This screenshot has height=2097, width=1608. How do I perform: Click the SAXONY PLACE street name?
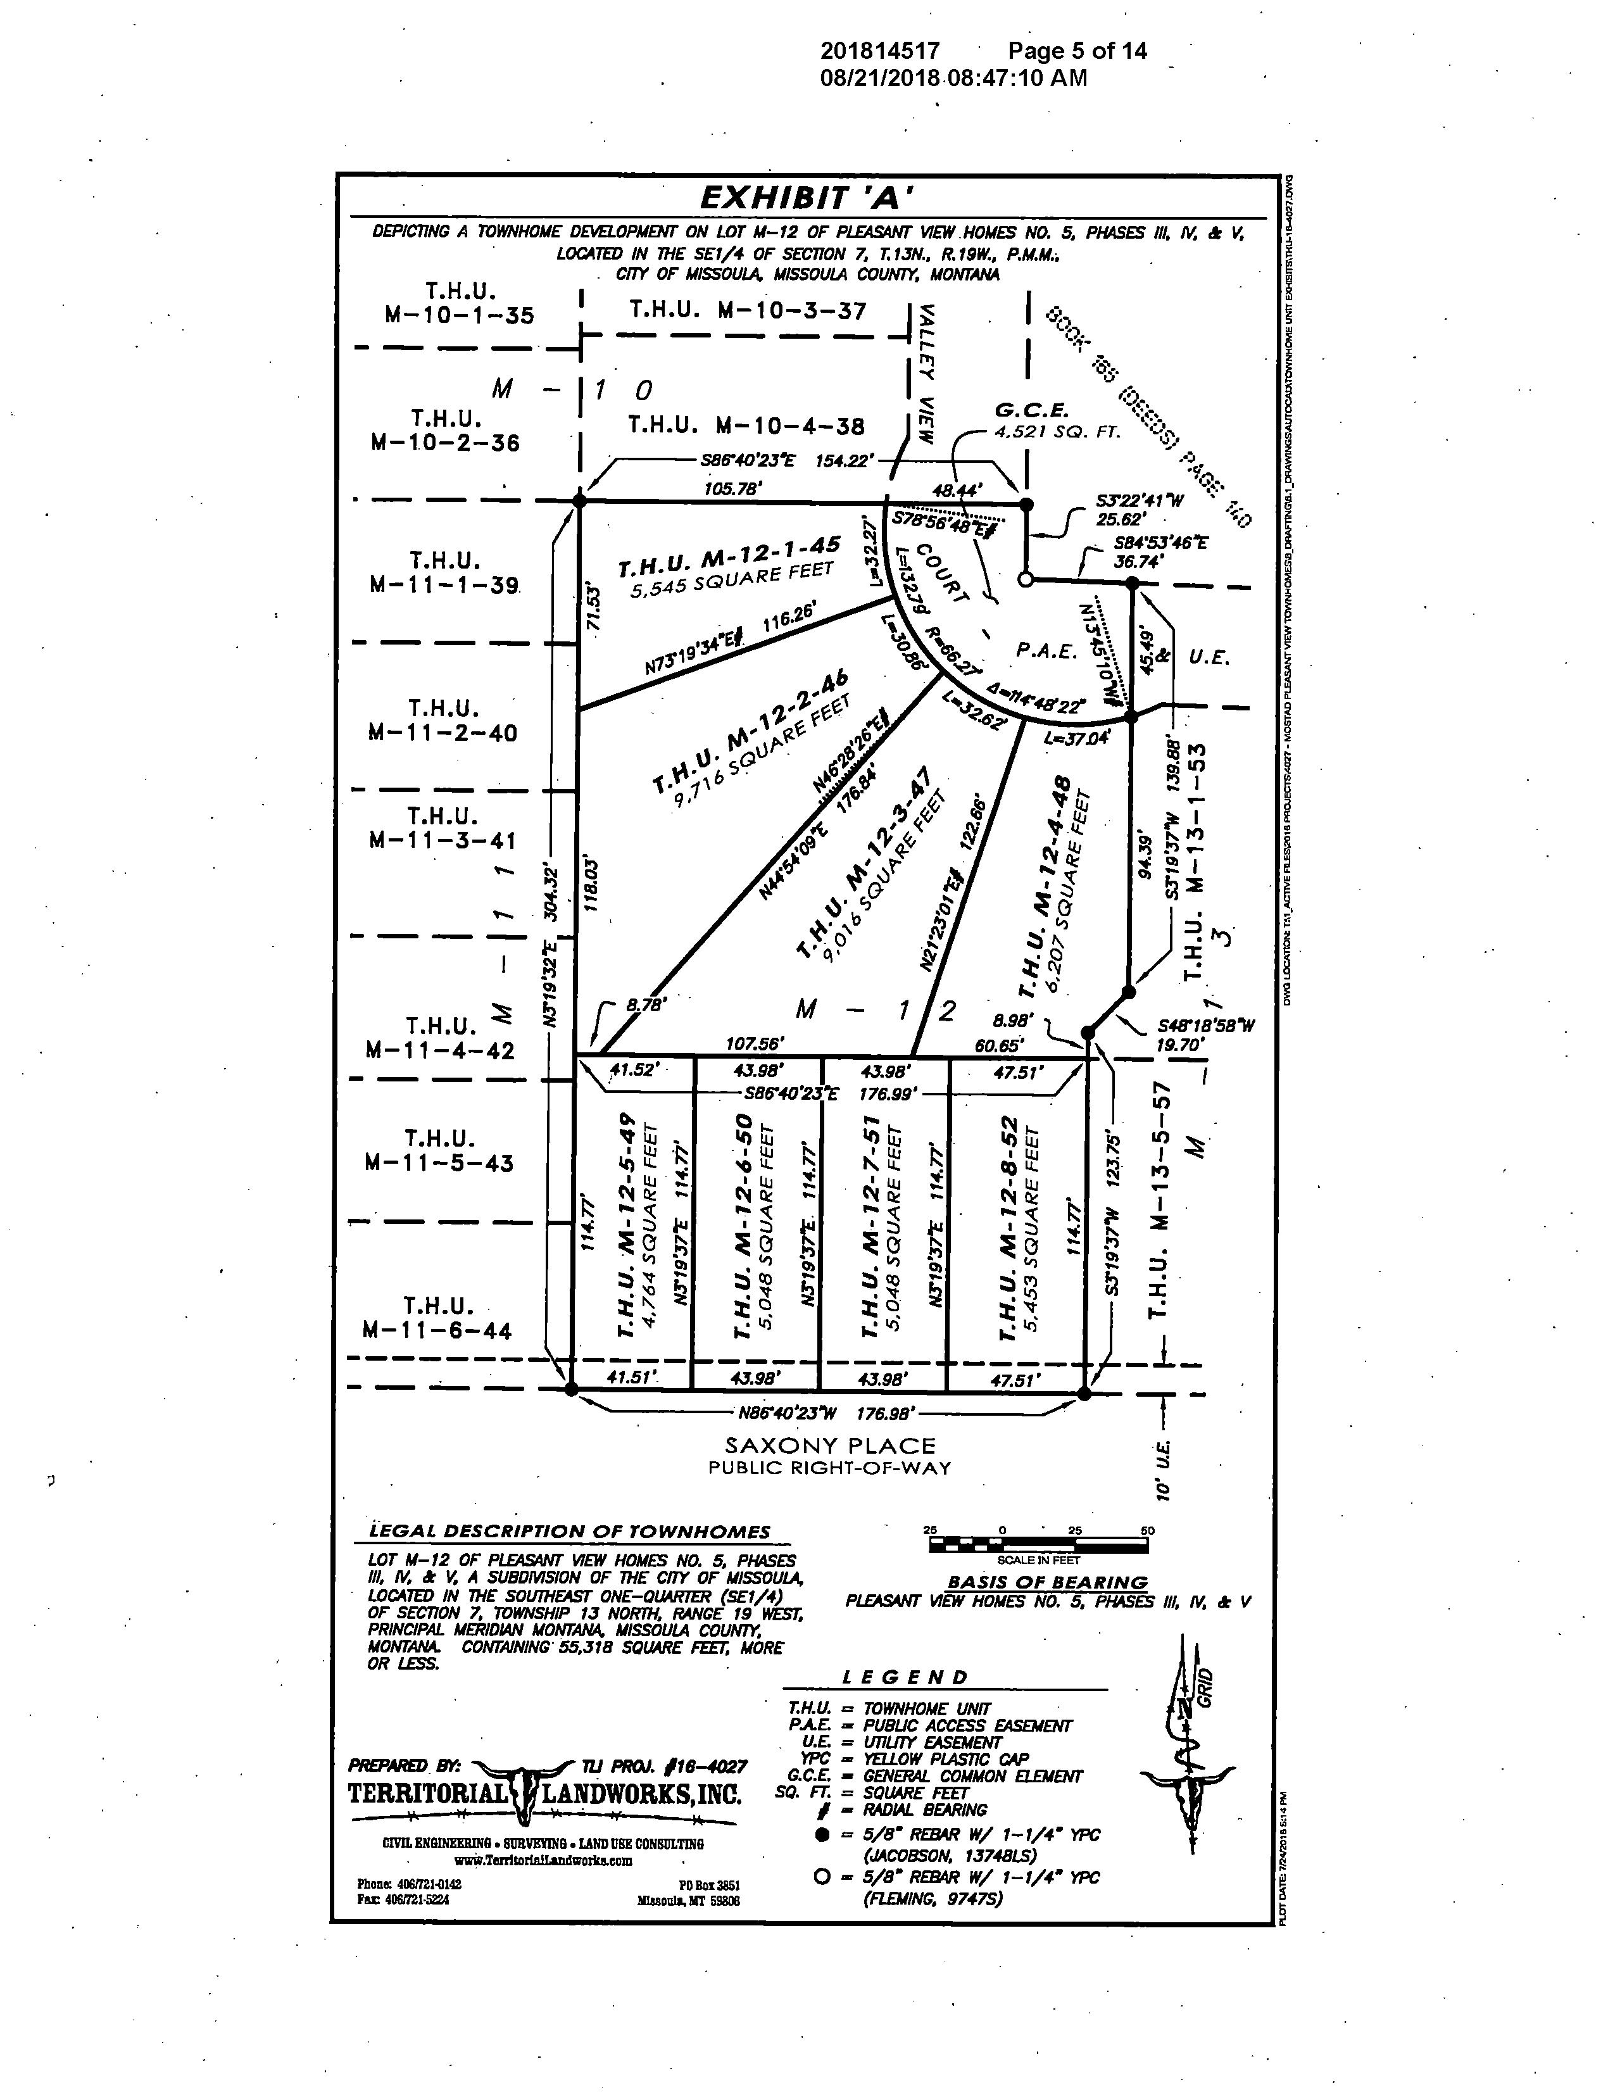click(830, 1446)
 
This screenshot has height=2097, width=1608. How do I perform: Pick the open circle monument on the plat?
click(1026, 580)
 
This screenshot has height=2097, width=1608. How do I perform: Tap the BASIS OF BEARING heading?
click(1047, 1582)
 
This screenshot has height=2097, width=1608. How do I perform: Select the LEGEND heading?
click(905, 1677)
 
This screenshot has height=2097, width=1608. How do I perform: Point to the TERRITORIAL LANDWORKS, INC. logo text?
click(546, 1792)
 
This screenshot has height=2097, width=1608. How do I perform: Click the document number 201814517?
click(879, 51)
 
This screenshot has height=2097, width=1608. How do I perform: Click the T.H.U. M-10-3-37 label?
click(748, 310)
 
